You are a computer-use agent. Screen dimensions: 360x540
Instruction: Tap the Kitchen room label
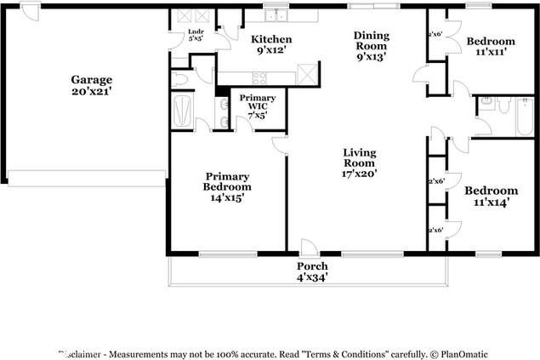click(x=271, y=44)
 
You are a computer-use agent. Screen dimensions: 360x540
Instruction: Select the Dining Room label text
click(x=371, y=46)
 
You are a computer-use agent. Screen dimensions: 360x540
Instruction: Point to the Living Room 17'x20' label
click(x=359, y=163)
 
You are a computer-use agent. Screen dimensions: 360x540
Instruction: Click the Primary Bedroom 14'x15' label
click(x=227, y=186)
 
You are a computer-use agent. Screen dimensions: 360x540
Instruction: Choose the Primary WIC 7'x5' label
click(x=258, y=106)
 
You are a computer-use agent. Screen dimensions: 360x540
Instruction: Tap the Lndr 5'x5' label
click(x=195, y=35)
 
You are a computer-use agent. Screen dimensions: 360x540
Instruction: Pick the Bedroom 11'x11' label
click(x=490, y=46)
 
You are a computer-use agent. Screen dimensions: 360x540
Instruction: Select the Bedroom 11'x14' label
click(x=491, y=196)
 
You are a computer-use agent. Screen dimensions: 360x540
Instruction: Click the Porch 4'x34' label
click(x=312, y=271)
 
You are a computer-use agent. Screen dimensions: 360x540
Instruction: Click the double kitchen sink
click(x=275, y=15)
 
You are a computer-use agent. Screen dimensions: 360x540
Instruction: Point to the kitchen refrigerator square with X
click(x=307, y=73)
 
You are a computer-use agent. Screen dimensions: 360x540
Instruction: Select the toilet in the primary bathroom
click(x=179, y=79)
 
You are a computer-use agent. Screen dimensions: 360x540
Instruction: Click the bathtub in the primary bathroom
click(x=183, y=111)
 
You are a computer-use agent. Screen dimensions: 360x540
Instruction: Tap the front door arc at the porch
click(x=310, y=248)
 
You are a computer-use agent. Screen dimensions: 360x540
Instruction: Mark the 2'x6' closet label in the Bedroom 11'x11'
click(x=435, y=35)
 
